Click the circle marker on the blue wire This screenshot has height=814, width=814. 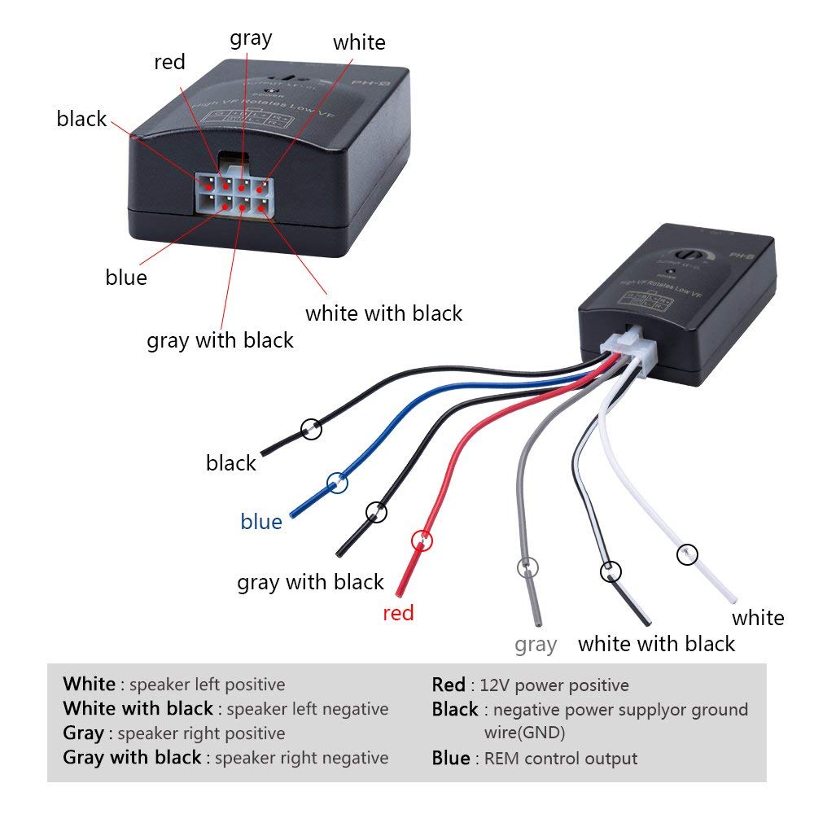tap(337, 484)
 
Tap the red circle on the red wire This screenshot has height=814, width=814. tap(422, 539)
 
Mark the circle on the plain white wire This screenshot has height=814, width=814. tap(688, 554)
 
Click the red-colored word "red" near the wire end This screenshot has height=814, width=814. tap(398, 613)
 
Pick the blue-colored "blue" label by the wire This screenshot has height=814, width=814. tap(261, 522)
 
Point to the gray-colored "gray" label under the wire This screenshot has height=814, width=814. tap(536, 646)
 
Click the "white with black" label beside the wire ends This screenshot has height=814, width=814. tap(656, 644)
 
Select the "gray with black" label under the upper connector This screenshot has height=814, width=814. tap(220, 340)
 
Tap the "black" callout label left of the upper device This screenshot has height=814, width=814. tap(81, 119)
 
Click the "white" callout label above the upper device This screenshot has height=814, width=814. tap(359, 42)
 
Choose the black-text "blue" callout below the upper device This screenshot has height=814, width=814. tap(126, 278)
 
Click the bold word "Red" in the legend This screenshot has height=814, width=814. tap(449, 685)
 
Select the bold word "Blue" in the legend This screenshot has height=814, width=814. tap(451, 759)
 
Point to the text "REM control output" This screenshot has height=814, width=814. tap(561, 759)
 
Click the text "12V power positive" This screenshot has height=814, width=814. tap(554, 685)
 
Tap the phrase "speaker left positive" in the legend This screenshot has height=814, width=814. tap(207, 685)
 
